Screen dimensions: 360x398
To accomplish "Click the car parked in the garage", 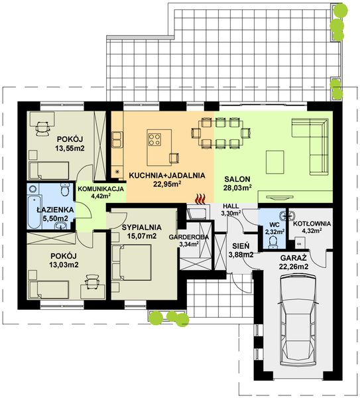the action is [x=298, y=321].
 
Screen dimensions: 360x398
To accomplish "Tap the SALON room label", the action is [x=237, y=179].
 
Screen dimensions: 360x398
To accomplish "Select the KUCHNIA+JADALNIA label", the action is [x=167, y=175].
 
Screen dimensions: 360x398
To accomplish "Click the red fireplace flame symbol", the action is [x=200, y=198].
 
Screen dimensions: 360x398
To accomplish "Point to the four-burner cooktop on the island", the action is [x=154, y=139].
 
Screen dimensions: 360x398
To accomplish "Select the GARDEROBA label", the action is [x=189, y=237].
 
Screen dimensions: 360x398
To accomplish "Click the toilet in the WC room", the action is [x=272, y=241].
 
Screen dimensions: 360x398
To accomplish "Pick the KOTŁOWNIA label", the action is [x=312, y=224].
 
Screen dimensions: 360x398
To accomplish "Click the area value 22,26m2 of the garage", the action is [x=294, y=267].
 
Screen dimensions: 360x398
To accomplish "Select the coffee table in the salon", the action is [x=274, y=162].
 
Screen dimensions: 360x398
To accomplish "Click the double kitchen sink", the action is [x=117, y=139].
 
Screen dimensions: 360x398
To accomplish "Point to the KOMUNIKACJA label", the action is [x=101, y=189].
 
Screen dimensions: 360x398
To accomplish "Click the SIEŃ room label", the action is [x=241, y=246].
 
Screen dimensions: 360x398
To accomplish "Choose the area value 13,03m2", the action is [x=64, y=265].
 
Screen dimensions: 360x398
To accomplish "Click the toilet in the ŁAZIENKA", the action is [x=65, y=190].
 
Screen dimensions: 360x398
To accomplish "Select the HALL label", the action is [x=231, y=206].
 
